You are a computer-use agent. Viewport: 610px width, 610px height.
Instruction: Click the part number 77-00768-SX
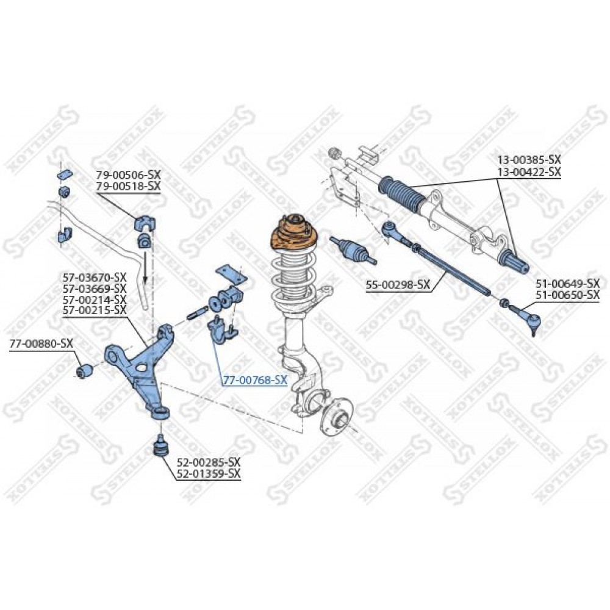pyautogui.click(x=255, y=380)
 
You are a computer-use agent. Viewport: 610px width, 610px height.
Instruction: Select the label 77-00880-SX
pyautogui.click(x=41, y=343)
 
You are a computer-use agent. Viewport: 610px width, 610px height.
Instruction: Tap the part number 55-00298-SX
pyautogui.click(x=398, y=285)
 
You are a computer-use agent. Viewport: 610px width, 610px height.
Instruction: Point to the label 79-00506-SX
pyautogui.click(x=128, y=174)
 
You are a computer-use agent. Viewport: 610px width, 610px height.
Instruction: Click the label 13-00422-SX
pyautogui.click(x=529, y=171)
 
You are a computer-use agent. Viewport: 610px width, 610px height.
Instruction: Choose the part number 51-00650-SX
pyautogui.click(x=567, y=295)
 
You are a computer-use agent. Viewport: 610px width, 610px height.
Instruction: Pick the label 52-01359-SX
pyautogui.click(x=209, y=473)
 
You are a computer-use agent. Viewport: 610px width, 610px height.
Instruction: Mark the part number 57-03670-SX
pyautogui.click(x=95, y=278)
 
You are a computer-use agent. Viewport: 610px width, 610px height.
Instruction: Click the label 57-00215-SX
pyautogui.click(x=95, y=310)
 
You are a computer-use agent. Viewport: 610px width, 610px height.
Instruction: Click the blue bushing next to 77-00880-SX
pyautogui.click(x=84, y=371)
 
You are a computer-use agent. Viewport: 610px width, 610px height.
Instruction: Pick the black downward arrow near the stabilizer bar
pyautogui.click(x=145, y=268)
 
